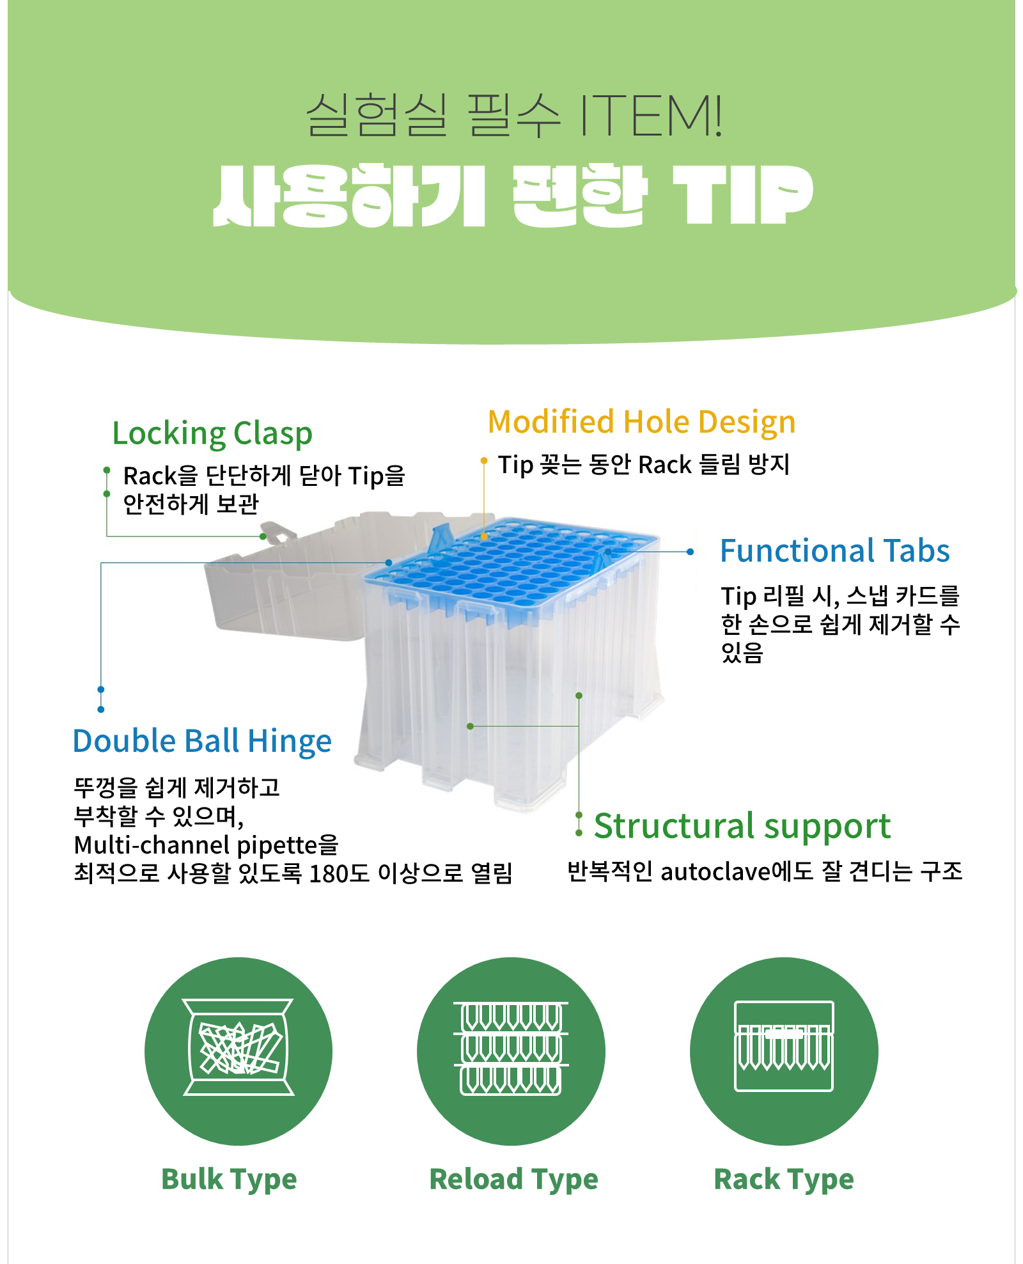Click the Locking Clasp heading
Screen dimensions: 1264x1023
(212, 433)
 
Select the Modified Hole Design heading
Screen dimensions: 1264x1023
(641, 423)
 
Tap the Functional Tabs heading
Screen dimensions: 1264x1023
(834, 551)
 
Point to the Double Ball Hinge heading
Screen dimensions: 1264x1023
(202, 742)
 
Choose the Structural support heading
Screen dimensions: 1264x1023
(742, 826)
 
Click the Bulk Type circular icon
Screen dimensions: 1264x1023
(238, 1050)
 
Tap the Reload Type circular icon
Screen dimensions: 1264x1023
(511, 1050)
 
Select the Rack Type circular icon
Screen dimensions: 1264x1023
(784, 1050)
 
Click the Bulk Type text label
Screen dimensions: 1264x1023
(229, 1179)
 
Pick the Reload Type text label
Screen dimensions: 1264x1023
(513, 1179)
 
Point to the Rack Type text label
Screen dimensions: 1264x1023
(784, 1179)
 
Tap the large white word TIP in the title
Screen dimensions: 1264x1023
(742, 194)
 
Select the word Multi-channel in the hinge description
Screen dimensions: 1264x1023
(152, 845)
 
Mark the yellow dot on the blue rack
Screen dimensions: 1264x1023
(484, 536)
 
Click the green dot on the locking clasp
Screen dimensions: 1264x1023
(263, 536)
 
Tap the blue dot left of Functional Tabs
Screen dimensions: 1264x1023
(691, 552)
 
